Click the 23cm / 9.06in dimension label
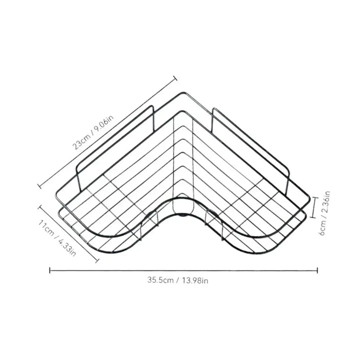tap(93, 132)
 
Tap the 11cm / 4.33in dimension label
tap(57, 238)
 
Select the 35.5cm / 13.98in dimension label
tap(177, 280)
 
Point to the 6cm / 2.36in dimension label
tap(324, 213)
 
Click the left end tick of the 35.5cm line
tap(50, 270)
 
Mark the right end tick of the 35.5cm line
tap(317, 270)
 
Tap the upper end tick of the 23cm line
tap(175, 78)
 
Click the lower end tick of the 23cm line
tap(39, 185)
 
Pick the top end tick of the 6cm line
tap(314, 197)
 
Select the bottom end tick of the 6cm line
tap(313, 216)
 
